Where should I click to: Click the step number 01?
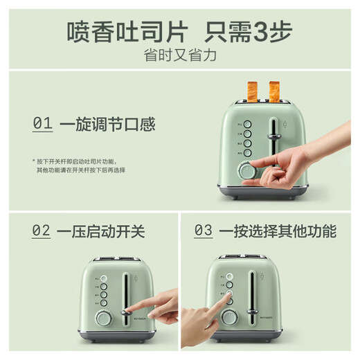coord(42,125)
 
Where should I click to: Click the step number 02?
coord(42,231)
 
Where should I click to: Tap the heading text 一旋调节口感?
coord(107,125)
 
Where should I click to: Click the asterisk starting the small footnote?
coord(33,159)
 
